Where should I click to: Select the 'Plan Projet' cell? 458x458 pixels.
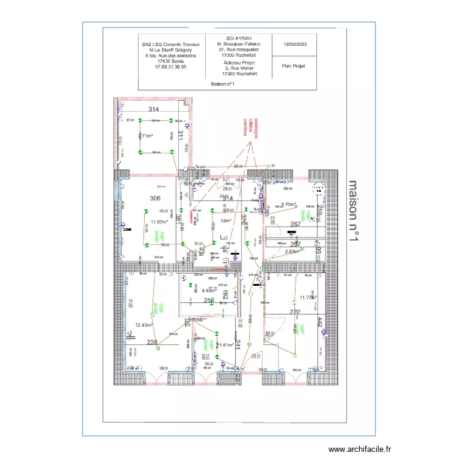tap(293, 66)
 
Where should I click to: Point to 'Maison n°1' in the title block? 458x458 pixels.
tap(224, 84)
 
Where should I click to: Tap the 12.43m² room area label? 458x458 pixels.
tap(144, 325)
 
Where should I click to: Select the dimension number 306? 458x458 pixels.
tap(154, 198)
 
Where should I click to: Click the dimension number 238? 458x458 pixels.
tap(152, 343)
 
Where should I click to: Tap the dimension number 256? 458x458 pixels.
tap(208, 301)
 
